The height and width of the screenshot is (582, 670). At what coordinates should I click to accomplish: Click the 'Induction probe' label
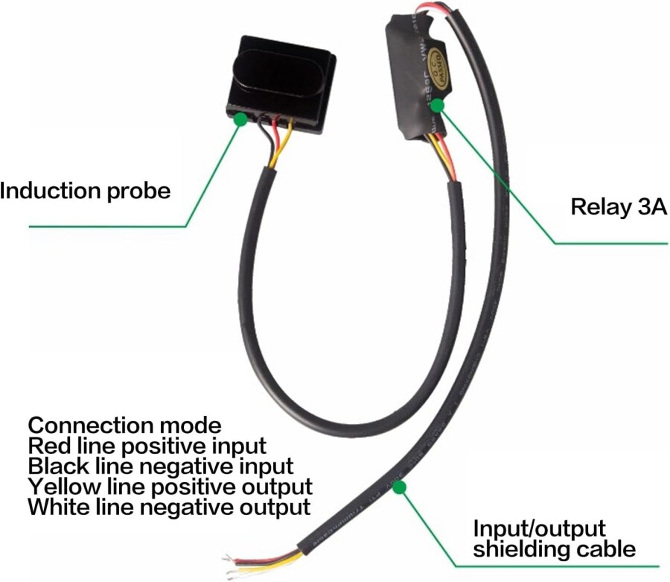pyautogui.click(x=85, y=191)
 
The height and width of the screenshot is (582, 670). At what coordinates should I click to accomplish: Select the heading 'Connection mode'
pyautogui.click(x=124, y=426)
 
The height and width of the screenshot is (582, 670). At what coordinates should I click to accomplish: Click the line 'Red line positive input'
pyautogui.click(x=147, y=446)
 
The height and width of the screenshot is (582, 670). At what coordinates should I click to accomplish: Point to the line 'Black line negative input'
pyautogui.click(x=160, y=467)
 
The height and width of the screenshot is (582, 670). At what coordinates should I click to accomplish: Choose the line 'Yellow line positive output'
pyautogui.click(x=170, y=487)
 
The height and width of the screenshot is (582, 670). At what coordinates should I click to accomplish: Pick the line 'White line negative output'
pyautogui.click(x=168, y=508)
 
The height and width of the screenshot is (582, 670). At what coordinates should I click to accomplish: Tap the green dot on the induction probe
pyautogui.click(x=240, y=118)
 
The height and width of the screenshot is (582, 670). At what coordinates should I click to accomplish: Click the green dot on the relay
pyautogui.click(x=438, y=105)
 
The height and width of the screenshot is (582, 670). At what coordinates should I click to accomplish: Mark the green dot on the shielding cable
pyautogui.click(x=399, y=488)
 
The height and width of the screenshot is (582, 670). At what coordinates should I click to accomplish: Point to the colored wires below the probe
pyautogui.click(x=272, y=142)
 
